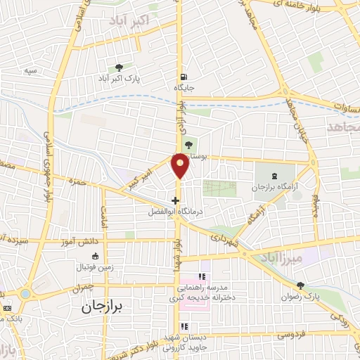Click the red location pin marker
(181, 165)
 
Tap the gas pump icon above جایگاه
(184, 77)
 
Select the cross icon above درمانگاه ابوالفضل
(175, 200)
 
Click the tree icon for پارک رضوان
(301, 285)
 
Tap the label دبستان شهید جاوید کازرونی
(185, 342)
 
